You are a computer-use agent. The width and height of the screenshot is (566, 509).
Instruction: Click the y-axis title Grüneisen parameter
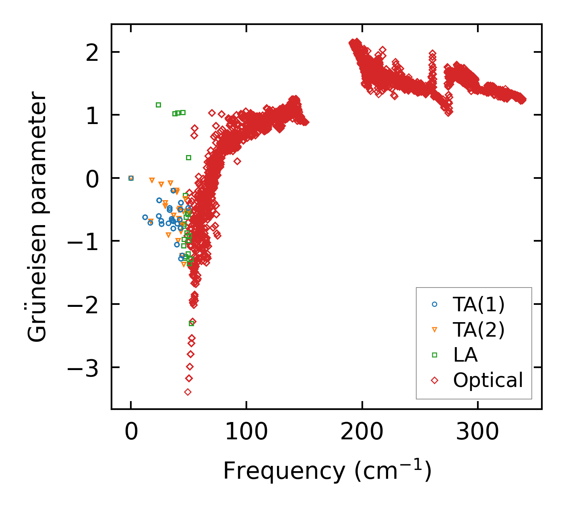pos(38,217)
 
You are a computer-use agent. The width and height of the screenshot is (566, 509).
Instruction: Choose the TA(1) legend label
pos(479,304)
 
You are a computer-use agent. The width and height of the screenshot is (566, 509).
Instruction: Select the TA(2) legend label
pos(479,330)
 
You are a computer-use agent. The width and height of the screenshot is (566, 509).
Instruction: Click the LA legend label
pos(465,355)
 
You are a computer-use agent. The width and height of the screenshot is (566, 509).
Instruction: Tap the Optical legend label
pos(488,380)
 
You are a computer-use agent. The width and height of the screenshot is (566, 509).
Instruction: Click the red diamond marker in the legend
pos(434,380)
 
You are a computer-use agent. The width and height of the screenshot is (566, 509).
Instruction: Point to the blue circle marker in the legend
pos(434,304)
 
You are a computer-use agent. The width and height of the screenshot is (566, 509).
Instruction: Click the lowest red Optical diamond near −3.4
pos(188,392)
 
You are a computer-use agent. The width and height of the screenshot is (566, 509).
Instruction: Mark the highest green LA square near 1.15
pos(158,105)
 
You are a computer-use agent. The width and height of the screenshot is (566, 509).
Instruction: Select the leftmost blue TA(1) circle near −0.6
pos(145,217)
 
